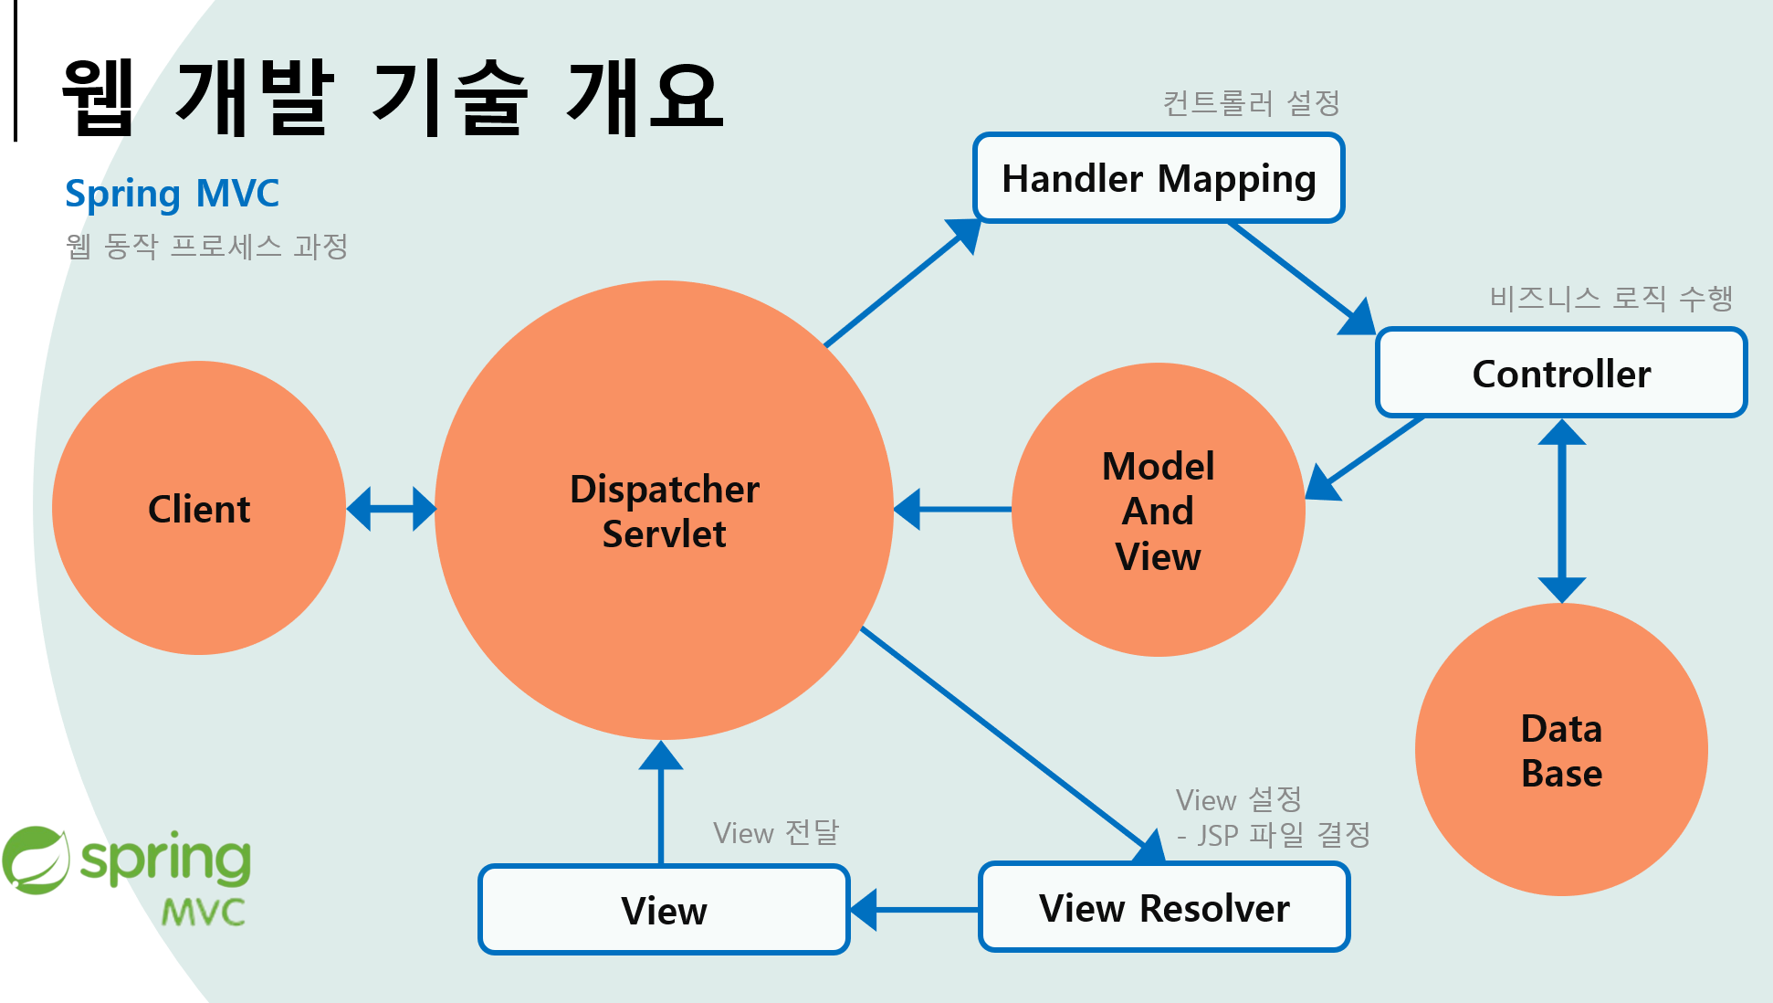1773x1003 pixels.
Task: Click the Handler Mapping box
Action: tap(1159, 178)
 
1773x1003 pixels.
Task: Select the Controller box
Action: tap(1561, 374)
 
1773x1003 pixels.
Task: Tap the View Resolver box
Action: tap(1164, 908)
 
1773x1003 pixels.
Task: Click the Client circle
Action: tap(199, 508)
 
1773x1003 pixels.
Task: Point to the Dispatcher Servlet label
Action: tap(665, 512)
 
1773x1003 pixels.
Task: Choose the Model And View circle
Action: tap(1158, 510)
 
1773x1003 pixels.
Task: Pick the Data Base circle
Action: tap(1561, 750)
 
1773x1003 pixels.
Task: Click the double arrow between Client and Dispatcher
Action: tap(392, 509)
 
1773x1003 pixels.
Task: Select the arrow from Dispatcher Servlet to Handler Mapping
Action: tap(899, 286)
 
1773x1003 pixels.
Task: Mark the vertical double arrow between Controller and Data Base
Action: tap(1562, 511)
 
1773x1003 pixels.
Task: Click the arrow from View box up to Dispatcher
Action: tap(661, 804)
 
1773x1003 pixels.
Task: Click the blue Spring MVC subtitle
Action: tap(172, 194)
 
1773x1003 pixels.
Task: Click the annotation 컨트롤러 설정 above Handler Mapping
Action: tap(1251, 103)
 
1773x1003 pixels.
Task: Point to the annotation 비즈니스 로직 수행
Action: tap(1610, 298)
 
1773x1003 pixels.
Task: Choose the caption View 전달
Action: tap(775, 832)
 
